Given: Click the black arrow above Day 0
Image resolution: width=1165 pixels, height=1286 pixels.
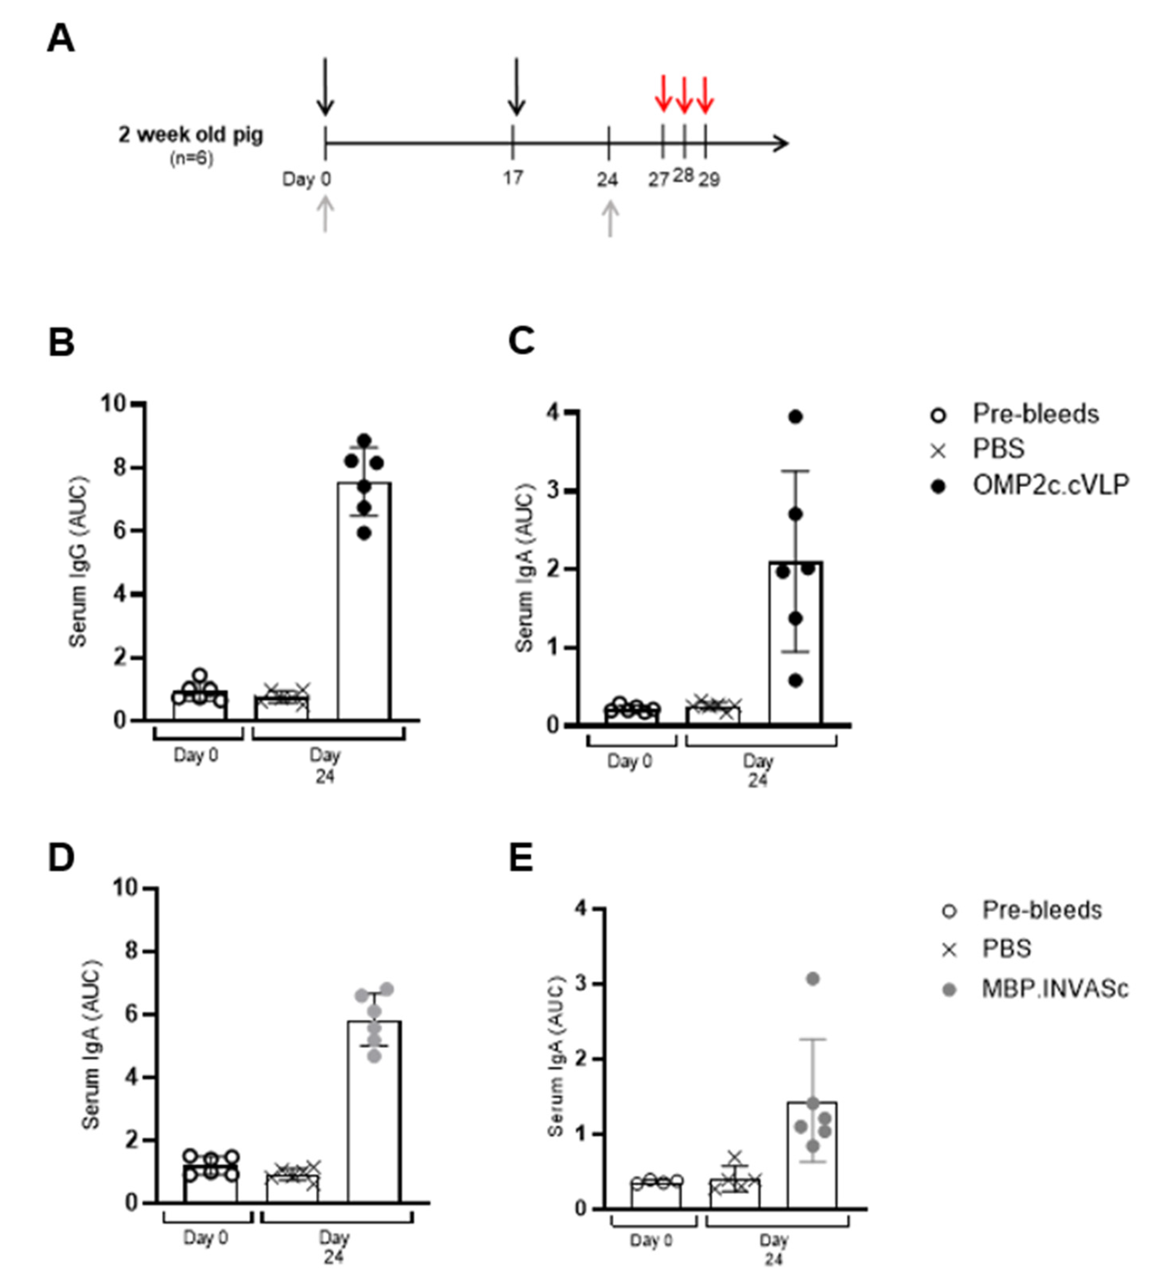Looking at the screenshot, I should pos(325,87).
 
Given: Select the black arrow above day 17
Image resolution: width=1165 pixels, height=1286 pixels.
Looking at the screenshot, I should pos(516,87).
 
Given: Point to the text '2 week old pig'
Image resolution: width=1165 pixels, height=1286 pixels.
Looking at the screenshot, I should pos(190,135).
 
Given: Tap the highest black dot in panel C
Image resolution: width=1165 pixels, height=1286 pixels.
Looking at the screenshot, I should pos(795,417).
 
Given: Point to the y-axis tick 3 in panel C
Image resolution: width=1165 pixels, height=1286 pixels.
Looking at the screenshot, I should pos(553,491).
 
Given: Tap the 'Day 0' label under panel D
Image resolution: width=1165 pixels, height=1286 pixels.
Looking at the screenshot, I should pos(205,1238).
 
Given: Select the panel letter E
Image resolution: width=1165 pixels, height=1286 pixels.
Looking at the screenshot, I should pos(521,859).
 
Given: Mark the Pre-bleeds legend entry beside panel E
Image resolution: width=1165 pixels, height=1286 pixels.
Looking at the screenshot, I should pos(1041,910).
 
